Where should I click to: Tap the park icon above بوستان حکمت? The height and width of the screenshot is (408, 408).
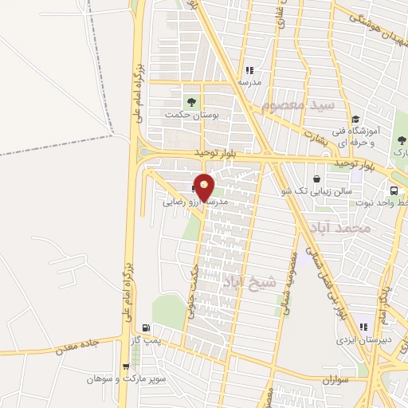coord(190,101)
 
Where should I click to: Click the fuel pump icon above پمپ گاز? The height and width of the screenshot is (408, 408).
coord(144,328)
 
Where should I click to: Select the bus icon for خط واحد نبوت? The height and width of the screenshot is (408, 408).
coord(394,190)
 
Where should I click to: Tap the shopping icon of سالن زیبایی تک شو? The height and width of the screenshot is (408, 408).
coord(319,179)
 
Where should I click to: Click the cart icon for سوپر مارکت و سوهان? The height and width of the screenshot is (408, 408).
coord(125,367)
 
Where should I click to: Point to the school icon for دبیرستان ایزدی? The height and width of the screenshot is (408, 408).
coord(363,327)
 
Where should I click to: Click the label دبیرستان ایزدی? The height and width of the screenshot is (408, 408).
coord(364,339)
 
